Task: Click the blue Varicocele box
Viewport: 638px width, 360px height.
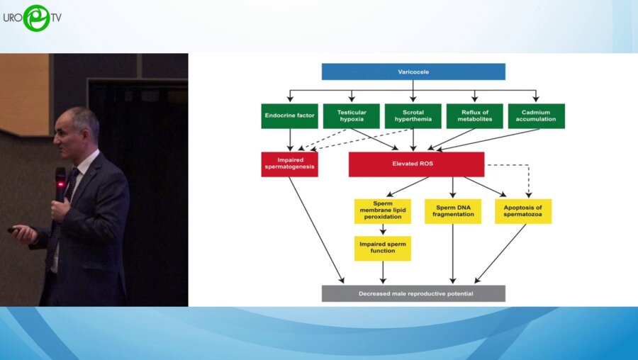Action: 413,72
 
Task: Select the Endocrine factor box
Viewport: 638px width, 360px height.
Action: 290,116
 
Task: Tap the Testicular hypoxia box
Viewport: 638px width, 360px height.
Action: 352,116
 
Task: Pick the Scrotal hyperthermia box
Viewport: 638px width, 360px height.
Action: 413,116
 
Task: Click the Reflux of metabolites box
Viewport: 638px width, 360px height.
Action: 475,116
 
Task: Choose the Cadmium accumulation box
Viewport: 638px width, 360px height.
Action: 537,116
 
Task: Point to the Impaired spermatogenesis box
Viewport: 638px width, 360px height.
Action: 290,164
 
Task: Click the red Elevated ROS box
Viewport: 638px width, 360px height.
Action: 417,164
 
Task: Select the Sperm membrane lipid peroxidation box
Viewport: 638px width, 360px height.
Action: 383,211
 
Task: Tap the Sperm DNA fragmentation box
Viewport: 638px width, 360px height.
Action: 453,211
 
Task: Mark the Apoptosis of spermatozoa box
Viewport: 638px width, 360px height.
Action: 523,211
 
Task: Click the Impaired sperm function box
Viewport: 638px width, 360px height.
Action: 383,249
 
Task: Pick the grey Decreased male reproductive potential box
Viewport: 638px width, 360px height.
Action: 413,293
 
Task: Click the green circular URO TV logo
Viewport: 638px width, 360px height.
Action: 37,18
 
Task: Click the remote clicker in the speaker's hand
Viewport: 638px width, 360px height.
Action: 14,230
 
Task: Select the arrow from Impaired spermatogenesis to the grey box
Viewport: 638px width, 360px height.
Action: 317,230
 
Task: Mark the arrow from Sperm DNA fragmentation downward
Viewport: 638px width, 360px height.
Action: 453,254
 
